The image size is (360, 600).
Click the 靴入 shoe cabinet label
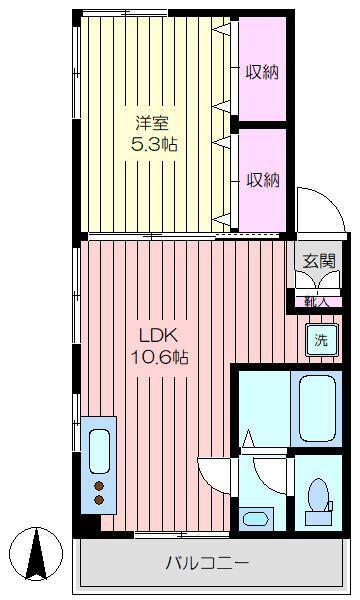[x=317, y=298]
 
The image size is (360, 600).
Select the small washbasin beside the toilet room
[x=256, y=518]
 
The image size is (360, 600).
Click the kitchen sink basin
[x=100, y=450]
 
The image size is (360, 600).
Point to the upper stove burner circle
[x=100, y=488]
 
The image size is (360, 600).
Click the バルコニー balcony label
[x=206, y=562]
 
